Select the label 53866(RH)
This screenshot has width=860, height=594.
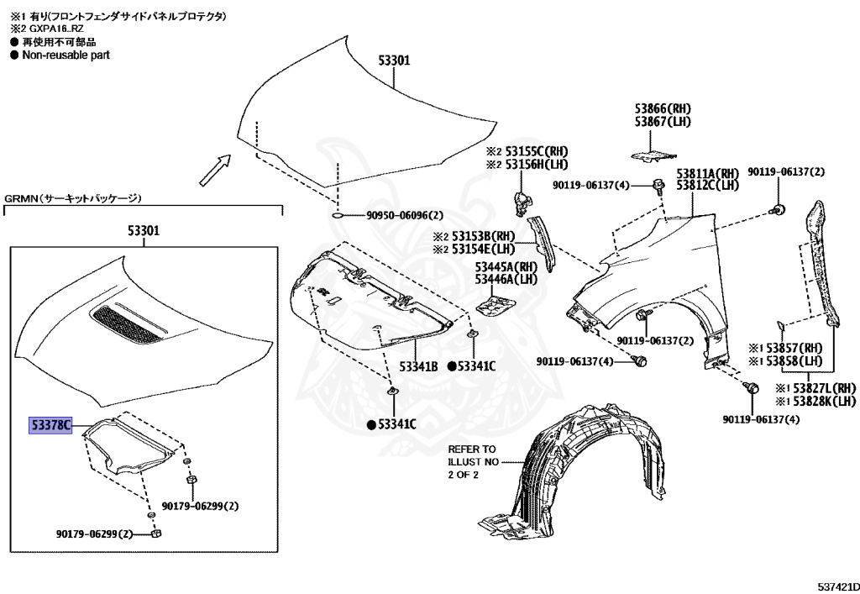point(662,108)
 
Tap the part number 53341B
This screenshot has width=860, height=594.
point(418,366)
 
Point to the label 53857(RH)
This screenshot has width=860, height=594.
point(786,348)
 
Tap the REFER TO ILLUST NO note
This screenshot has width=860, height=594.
point(472,461)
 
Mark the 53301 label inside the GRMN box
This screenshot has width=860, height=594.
point(144,229)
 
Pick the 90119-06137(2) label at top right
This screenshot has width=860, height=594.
point(786,172)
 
